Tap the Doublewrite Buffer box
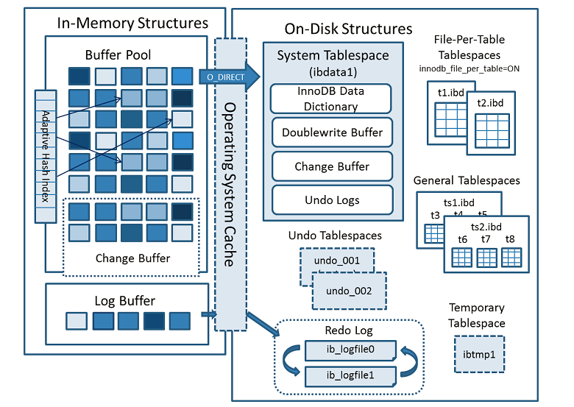(332, 133)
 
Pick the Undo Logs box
(332, 199)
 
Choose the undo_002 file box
(349, 290)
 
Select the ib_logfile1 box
(350, 375)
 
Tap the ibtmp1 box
(479, 353)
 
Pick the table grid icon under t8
(509, 258)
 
